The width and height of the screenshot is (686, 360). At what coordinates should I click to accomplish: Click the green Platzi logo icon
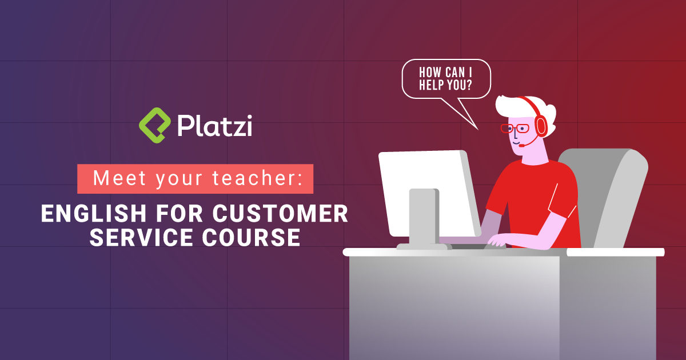(155, 124)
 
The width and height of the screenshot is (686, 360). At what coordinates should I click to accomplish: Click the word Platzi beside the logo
(214, 125)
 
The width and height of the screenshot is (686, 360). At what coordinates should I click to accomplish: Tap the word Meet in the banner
(116, 178)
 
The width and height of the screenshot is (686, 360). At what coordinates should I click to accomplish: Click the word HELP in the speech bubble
(435, 85)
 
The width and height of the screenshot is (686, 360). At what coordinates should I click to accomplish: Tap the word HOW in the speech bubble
(430, 73)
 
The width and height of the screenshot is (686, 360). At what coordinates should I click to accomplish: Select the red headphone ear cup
(540, 126)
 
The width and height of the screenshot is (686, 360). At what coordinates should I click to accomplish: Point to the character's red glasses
(514, 128)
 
